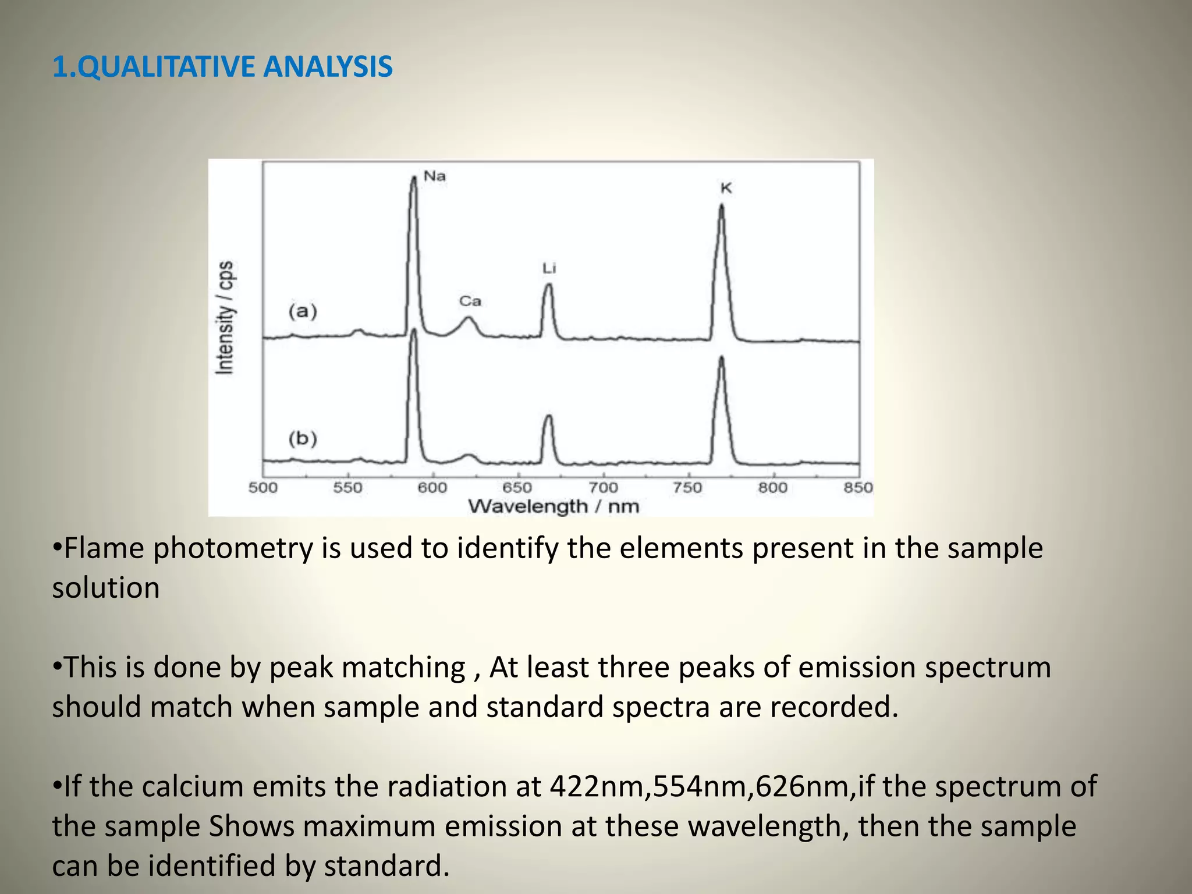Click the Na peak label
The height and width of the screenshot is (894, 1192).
click(434, 176)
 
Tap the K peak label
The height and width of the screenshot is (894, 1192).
click(726, 188)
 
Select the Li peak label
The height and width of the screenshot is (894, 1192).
click(549, 268)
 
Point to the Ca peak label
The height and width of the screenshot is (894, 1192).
click(470, 301)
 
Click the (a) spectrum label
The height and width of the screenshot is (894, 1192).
click(303, 311)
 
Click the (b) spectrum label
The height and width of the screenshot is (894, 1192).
click(303, 438)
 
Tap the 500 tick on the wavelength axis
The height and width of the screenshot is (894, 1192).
click(263, 488)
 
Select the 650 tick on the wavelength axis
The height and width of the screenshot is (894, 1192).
click(517, 488)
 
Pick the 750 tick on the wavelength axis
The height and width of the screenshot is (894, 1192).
click(687, 488)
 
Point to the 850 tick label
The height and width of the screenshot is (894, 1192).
click(858, 488)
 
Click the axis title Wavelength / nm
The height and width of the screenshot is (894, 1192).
click(554, 506)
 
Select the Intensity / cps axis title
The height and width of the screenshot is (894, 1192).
click(225, 317)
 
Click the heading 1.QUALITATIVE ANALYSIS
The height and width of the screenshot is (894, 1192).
click(222, 66)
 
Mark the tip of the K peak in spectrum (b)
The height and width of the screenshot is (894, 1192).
click(722, 357)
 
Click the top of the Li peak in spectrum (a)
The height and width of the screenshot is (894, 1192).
click(548, 285)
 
